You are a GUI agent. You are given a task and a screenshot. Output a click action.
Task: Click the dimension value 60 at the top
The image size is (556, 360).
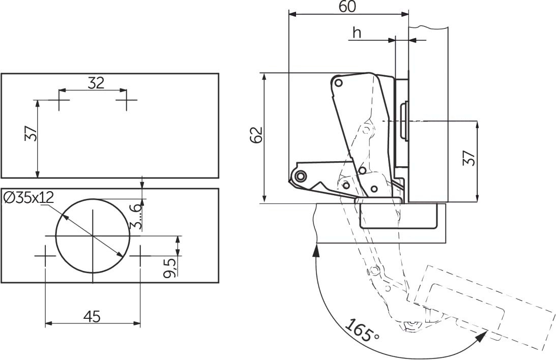tap(347, 7)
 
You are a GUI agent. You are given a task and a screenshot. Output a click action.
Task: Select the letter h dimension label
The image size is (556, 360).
tap(357, 33)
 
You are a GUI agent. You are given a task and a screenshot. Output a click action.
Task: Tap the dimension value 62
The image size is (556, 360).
tap(256, 135)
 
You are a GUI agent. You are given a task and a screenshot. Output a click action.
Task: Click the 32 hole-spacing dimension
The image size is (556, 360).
tap(96, 83)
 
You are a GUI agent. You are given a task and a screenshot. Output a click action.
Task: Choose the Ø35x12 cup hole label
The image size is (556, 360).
tap(28, 197)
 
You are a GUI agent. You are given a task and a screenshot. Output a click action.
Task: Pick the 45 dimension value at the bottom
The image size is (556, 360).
tap(92, 316)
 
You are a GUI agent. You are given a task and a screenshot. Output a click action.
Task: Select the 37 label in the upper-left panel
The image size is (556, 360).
tap(31, 134)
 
